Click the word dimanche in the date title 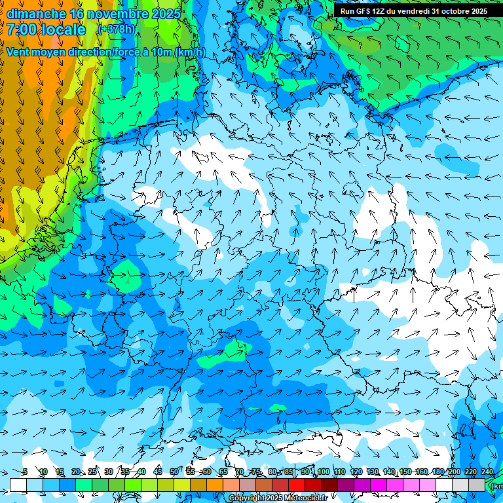(x=36, y=14)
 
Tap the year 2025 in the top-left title (x=168, y=14)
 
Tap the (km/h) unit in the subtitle (x=190, y=52)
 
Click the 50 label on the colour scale (x=174, y=472)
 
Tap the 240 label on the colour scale (x=487, y=472)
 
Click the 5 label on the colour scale (x=25, y=472)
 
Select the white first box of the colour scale (x=18, y=485)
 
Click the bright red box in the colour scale (x=297, y=485)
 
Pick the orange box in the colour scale (x=215, y=485)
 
